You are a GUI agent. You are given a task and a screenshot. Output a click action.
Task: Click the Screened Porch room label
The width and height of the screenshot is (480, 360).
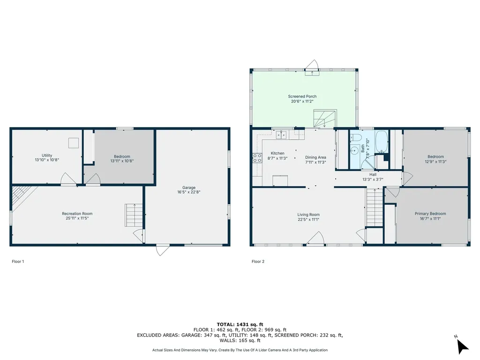click(x=302, y=96)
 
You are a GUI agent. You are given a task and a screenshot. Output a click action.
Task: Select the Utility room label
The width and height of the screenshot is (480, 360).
click(x=47, y=155)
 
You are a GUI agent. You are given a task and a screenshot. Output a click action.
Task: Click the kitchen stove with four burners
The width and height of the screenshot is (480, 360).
click(x=257, y=158)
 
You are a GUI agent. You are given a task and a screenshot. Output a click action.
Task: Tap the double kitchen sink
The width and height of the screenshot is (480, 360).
click(x=281, y=135)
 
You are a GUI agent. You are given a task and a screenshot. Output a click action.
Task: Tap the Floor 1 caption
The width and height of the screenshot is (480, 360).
click(x=18, y=262)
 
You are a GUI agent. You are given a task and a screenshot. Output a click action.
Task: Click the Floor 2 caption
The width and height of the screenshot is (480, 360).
click(x=258, y=262)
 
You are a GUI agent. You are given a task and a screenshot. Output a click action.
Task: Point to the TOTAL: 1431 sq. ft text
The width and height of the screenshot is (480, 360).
click(x=240, y=324)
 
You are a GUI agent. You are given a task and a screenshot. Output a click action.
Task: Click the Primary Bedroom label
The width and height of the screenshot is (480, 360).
click(x=430, y=214)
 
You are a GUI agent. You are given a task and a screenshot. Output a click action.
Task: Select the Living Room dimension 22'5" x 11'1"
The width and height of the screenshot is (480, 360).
click(x=308, y=219)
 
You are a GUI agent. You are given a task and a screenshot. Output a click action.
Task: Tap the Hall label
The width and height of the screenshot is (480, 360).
click(x=373, y=174)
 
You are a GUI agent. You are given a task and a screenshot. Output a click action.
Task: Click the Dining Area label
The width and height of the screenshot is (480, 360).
click(x=315, y=157)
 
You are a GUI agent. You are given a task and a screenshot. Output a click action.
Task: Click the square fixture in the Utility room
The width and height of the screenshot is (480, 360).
click(x=73, y=142)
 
